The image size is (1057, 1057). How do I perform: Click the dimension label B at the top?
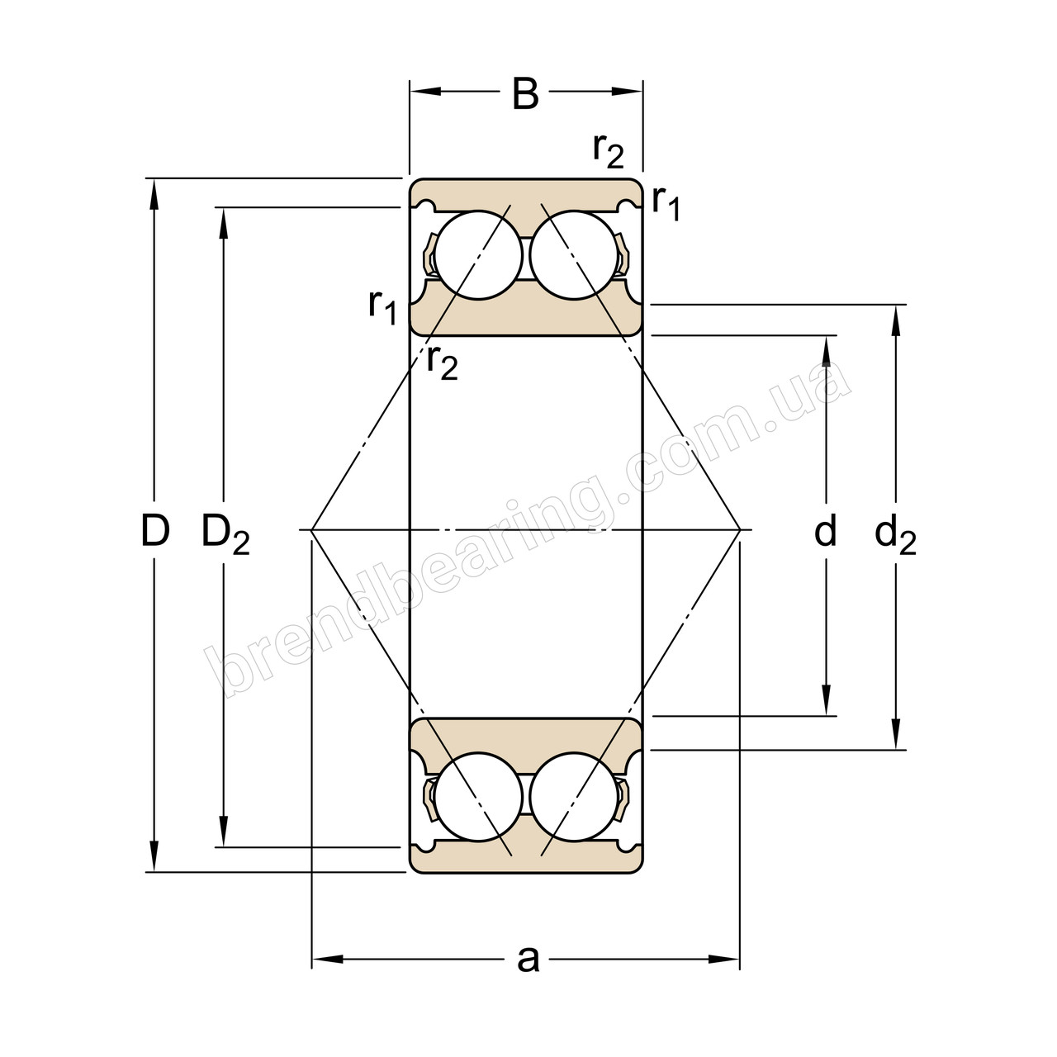[525, 94]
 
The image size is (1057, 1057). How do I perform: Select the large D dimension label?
[154, 531]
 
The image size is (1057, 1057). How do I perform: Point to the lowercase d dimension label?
[826, 531]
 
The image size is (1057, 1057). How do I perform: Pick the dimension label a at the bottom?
[527, 959]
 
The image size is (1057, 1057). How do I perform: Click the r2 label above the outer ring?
[608, 149]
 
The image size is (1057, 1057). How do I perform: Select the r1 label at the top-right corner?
[666, 201]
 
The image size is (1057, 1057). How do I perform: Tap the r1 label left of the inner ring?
[383, 306]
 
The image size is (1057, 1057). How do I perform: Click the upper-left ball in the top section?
[479, 255]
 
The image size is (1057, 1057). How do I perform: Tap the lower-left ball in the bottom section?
[479, 798]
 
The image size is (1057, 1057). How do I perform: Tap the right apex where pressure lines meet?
[739, 528]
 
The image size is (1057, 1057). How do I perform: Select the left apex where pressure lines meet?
[312, 528]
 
